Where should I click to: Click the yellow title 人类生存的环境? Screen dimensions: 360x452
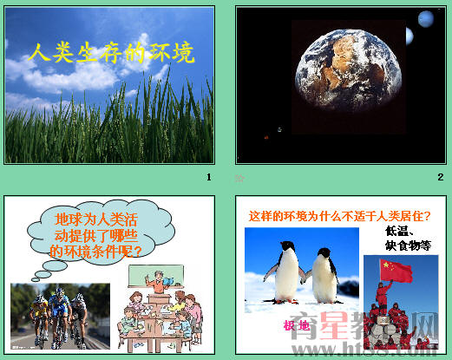pos(109,53)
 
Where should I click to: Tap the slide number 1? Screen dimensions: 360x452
pos(208,178)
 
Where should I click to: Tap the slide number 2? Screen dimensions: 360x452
pos(440,178)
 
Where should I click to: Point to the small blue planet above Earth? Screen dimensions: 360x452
pos(425,18)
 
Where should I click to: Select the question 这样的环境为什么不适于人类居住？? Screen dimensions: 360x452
pos(340,216)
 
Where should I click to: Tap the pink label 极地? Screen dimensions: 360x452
pos(296,325)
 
